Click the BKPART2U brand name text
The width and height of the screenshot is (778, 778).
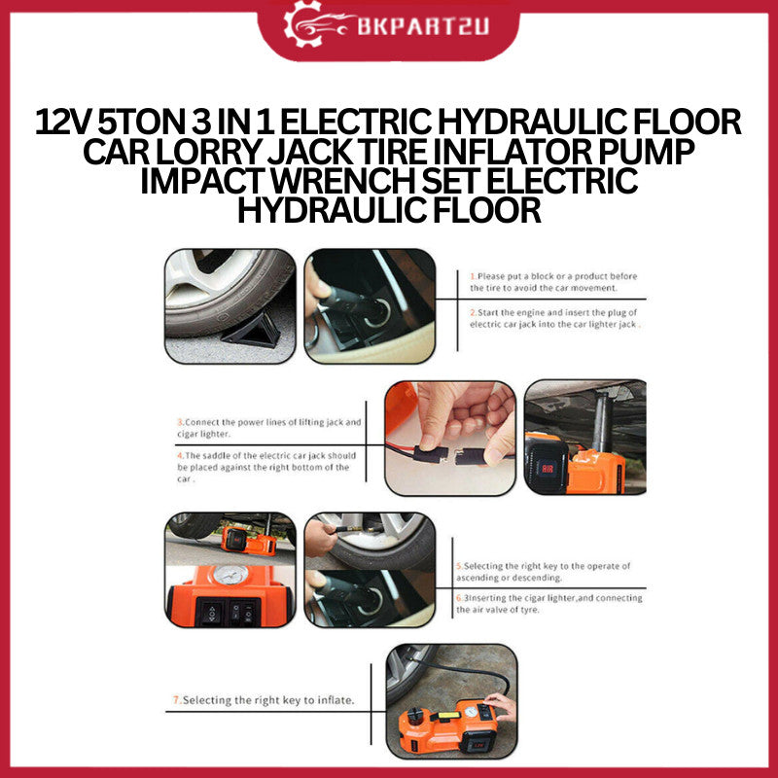click(423, 26)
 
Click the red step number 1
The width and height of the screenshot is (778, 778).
click(473, 276)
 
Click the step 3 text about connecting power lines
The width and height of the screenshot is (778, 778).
click(269, 428)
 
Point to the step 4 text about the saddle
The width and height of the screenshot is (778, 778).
click(266, 467)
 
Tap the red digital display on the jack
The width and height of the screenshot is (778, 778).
click(547, 468)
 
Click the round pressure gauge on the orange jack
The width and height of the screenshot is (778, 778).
click(230, 575)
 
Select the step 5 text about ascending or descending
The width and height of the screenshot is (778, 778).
click(544, 572)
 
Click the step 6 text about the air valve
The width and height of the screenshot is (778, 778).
click(549, 603)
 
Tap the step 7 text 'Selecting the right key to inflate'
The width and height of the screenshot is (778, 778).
click(264, 700)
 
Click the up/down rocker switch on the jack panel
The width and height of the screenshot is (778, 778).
click(211, 613)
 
